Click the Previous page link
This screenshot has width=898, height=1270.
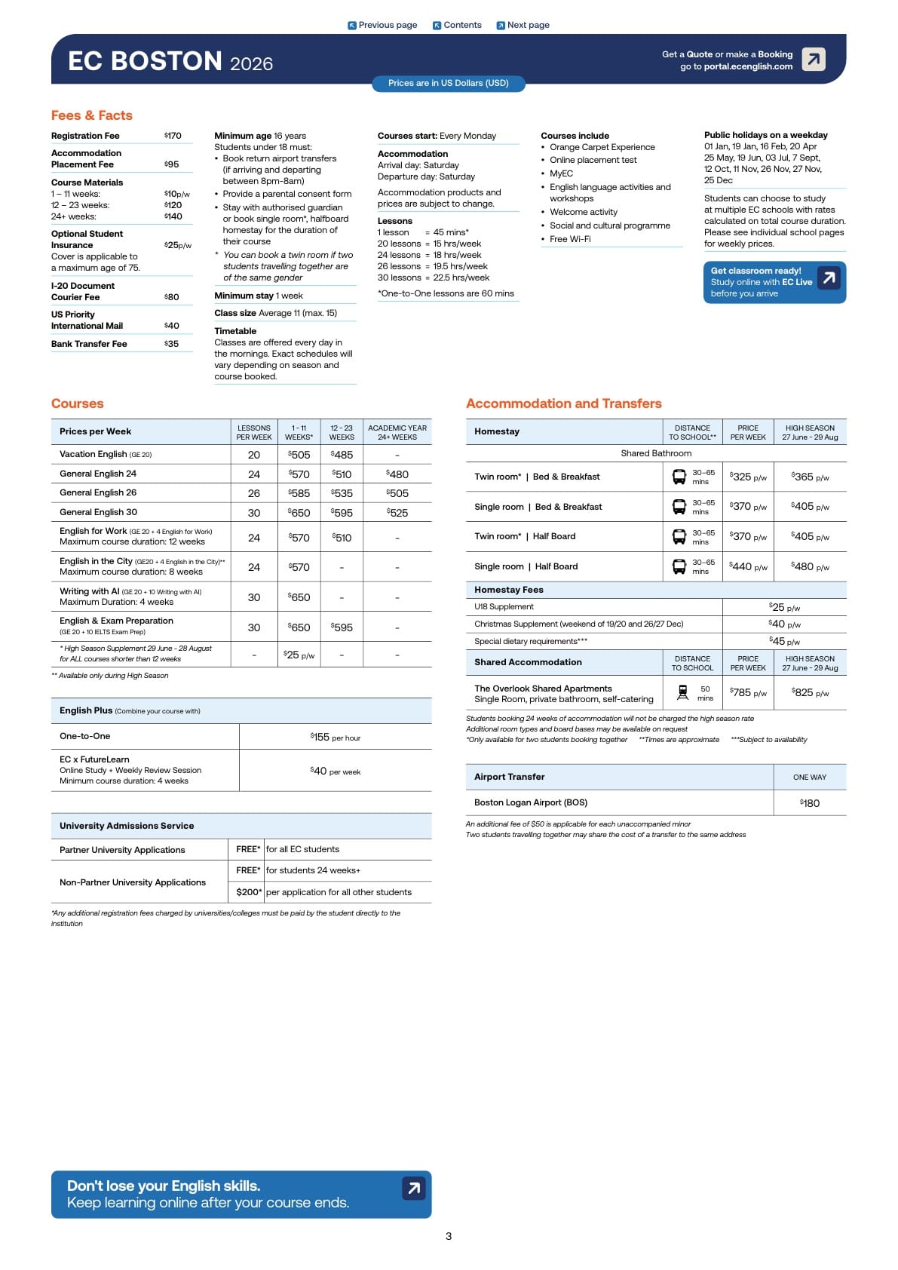tap(382, 25)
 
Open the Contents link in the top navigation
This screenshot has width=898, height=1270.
tap(457, 25)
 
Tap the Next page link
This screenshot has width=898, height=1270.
tap(523, 25)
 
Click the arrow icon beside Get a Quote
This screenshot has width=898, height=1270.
tap(814, 59)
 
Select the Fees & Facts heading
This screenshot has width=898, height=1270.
tap(92, 115)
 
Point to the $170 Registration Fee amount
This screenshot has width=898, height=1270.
tap(173, 136)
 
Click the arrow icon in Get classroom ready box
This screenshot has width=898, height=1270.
tap(829, 278)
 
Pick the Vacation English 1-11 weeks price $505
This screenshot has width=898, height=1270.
tap(299, 455)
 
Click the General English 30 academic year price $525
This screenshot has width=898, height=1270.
tap(397, 513)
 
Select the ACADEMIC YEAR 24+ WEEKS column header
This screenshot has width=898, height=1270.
tap(397, 432)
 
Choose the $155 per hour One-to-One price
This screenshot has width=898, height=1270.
tap(335, 737)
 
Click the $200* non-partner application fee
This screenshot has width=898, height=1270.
tap(249, 892)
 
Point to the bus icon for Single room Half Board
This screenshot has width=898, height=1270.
tap(679, 566)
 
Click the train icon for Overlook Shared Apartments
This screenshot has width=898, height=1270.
tap(683, 692)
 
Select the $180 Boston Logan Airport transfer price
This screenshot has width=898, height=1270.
tap(810, 803)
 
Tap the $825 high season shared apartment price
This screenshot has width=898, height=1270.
tap(810, 692)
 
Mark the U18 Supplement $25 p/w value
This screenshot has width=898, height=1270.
tap(784, 607)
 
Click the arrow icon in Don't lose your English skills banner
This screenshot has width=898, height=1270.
tap(413, 1189)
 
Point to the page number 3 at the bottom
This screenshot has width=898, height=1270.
tap(449, 1236)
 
